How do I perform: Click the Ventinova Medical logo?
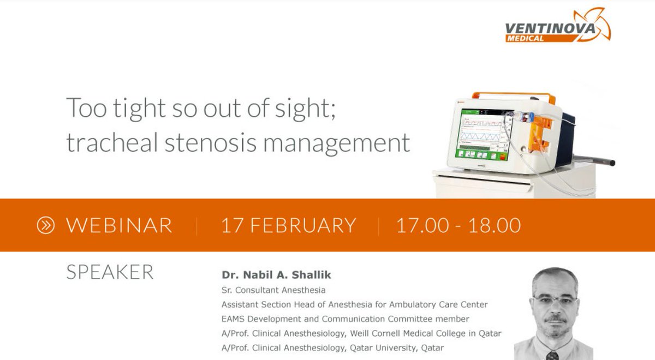click(557, 26)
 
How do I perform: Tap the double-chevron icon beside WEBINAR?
click(46, 225)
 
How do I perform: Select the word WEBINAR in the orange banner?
click(119, 225)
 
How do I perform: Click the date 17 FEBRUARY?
click(288, 225)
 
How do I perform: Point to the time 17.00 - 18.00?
click(458, 225)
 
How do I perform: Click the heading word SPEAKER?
click(110, 272)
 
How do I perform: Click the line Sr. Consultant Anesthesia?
click(273, 290)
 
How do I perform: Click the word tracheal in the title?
click(102, 143)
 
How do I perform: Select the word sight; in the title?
click(311, 108)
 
